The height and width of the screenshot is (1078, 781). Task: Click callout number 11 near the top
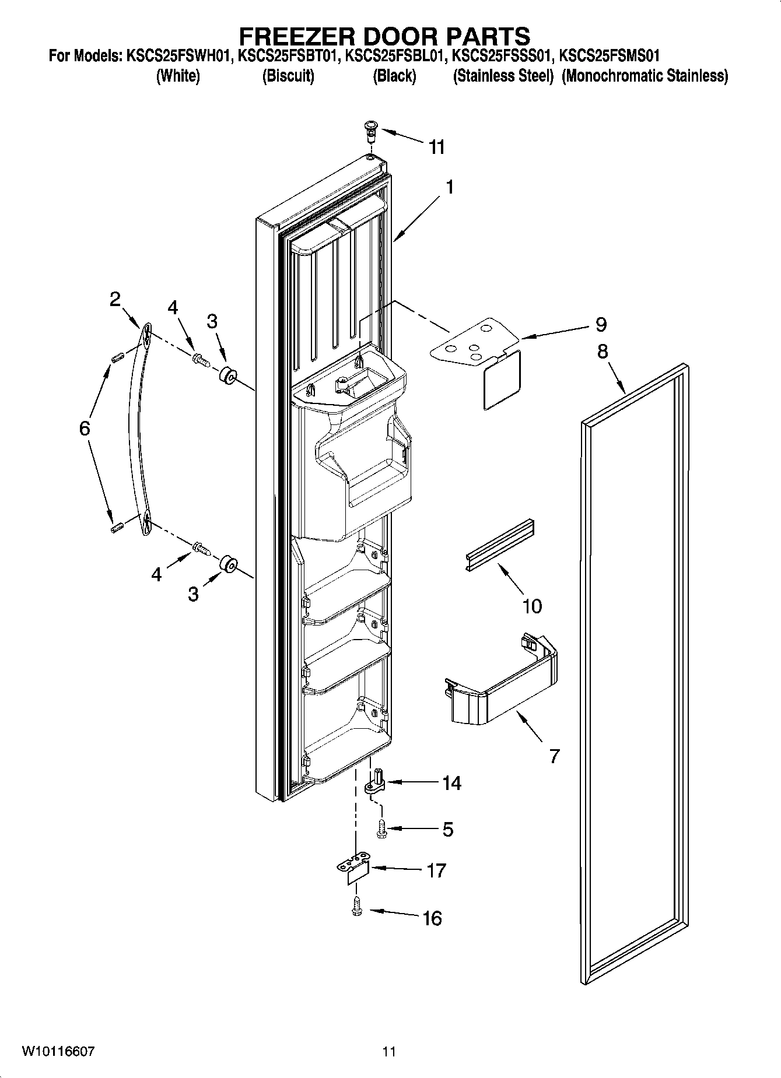[437, 147]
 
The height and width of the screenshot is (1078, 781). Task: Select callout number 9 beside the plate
[601, 325]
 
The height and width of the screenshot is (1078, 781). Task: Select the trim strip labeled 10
[500, 545]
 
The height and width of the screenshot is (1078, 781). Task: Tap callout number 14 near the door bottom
[451, 783]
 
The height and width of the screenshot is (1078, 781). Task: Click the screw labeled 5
[382, 828]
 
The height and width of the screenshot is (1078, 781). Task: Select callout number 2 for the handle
[115, 299]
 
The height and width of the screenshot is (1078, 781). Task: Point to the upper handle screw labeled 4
[201, 360]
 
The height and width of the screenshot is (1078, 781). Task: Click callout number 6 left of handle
[85, 429]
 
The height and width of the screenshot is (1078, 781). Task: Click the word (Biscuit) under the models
[288, 76]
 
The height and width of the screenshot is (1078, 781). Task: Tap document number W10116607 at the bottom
[58, 1051]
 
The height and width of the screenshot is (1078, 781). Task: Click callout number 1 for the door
[449, 187]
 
